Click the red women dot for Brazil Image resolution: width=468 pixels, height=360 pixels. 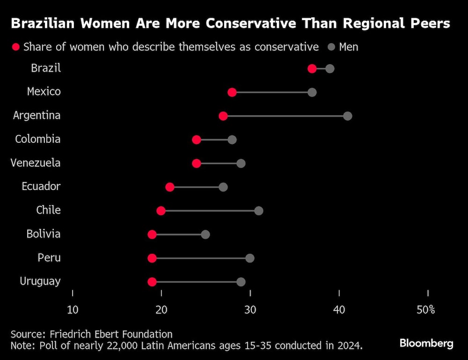(312, 69)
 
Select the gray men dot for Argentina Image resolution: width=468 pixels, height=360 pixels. (347, 116)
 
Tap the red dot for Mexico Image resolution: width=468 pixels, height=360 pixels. (232, 92)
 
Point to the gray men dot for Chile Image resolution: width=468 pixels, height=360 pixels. (259, 211)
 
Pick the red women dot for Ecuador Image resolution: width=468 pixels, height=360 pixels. (170, 187)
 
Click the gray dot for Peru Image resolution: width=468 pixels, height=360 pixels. (250, 258)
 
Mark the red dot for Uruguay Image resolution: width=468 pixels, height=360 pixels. (152, 282)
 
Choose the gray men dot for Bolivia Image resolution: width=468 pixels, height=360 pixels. (205, 235)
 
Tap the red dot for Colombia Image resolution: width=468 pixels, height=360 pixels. (197, 140)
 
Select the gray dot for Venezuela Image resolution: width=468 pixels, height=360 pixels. (241, 163)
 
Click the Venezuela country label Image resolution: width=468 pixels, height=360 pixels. (36, 163)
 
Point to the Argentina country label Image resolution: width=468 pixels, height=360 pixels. (37, 115)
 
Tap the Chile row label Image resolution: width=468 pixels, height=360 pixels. (49, 210)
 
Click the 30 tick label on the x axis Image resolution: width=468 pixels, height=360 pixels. (250, 310)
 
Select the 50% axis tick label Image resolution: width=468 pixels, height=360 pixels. (426, 310)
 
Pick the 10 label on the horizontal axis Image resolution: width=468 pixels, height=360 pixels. (73, 310)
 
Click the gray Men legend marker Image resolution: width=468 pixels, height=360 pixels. (331, 47)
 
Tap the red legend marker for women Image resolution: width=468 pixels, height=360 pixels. (16, 47)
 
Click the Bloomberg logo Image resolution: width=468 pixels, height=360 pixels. (426, 344)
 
